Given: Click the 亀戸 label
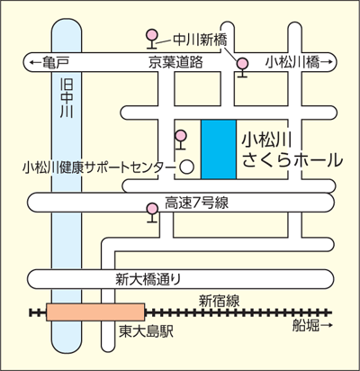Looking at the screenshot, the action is tap(57, 62).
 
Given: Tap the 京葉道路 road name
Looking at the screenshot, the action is tap(175, 62).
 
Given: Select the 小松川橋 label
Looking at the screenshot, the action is tap(292, 62).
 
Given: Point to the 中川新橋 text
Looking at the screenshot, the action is tap(201, 40).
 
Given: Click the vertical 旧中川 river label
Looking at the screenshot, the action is tap(67, 98).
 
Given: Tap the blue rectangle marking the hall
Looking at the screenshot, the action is tap(219, 149).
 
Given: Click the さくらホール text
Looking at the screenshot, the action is tap(292, 159).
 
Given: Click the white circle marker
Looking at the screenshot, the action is tap(186, 167).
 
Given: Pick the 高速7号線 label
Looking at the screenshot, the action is tap(196, 203).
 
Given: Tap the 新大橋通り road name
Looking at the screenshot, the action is tap(148, 279).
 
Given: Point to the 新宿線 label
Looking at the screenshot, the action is tap(220, 301).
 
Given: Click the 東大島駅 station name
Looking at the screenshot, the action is tap(146, 331).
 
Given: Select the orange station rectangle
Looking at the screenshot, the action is tap(95, 312).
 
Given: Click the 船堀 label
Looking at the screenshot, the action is tap(306, 325).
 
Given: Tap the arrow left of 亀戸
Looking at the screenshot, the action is tap(36, 62).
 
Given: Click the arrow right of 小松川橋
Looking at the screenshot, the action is tap(327, 62).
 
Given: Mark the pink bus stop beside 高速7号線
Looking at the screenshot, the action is tap(152, 213).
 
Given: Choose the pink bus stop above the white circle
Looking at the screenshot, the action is tap(181, 140).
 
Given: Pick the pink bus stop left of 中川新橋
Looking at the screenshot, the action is tap(152, 39).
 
